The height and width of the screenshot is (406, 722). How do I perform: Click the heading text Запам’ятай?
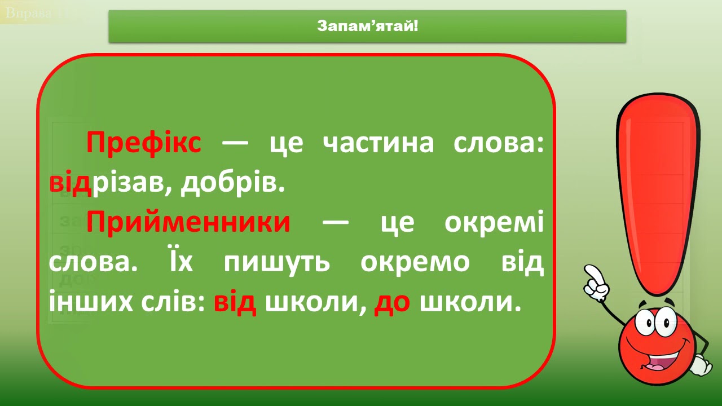[x=367, y=26]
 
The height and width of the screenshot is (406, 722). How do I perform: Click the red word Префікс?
[x=143, y=143]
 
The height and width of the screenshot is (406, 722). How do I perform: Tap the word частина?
[x=378, y=143]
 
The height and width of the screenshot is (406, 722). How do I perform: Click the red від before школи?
[x=235, y=303]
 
